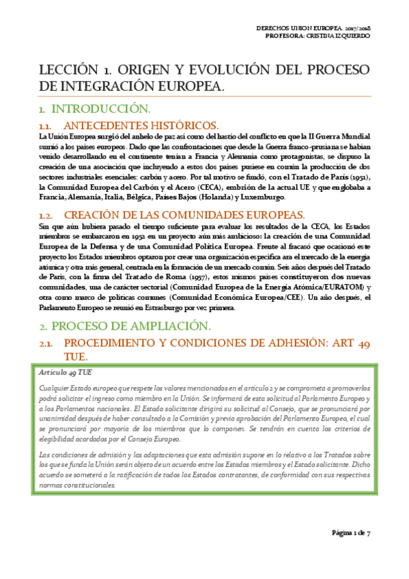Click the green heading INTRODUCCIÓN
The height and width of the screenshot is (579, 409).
point(100,109)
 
